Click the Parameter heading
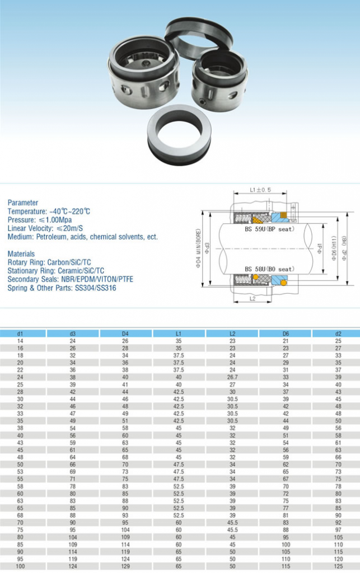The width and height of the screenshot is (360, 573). point(23,203)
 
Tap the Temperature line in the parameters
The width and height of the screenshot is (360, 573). point(49,212)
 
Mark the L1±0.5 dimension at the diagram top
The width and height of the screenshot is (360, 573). point(260,190)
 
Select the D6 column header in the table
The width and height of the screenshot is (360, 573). point(286,334)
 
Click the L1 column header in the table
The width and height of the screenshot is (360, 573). point(179,334)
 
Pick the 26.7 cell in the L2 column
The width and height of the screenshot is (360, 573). point(232,377)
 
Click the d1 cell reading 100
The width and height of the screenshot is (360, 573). point(20,566)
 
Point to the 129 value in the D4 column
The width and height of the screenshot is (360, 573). point(125,566)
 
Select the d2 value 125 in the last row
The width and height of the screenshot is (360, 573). point(338,566)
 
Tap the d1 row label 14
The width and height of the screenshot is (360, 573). point(20,341)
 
